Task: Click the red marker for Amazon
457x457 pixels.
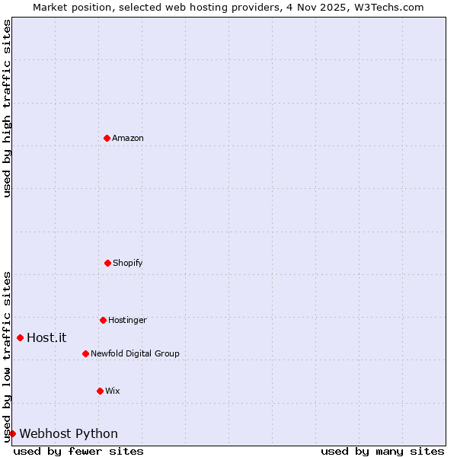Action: pyautogui.click(x=107, y=138)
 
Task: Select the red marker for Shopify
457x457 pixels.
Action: pyautogui.click(x=107, y=263)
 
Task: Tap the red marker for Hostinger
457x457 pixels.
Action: pyautogui.click(x=103, y=320)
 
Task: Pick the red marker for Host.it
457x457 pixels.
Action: pyautogui.click(x=20, y=337)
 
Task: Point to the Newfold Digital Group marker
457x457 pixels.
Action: pyautogui.click(x=85, y=353)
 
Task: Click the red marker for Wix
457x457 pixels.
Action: pyautogui.click(x=100, y=391)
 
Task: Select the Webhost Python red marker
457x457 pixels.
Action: pyautogui.click(x=12, y=433)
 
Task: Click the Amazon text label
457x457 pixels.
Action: pyautogui.click(x=128, y=138)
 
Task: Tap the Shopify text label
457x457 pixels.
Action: pyautogui.click(x=128, y=263)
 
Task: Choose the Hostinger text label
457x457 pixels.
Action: pyautogui.click(x=127, y=320)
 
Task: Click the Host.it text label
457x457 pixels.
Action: pyautogui.click(x=46, y=337)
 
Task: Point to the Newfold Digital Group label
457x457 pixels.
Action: pyautogui.click(x=135, y=353)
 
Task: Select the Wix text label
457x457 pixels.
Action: pyautogui.click(x=113, y=391)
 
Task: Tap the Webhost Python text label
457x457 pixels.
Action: pyautogui.click(x=69, y=433)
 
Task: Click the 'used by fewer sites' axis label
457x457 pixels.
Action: pyautogui.click(x=78, y=451)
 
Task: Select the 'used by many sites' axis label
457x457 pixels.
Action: pyautogui.click(x=382, y=451)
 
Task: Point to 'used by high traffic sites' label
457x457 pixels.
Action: pyautogui.click(x=7, y=108)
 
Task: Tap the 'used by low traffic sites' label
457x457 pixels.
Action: pyautogui.click(x=7, y=356)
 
